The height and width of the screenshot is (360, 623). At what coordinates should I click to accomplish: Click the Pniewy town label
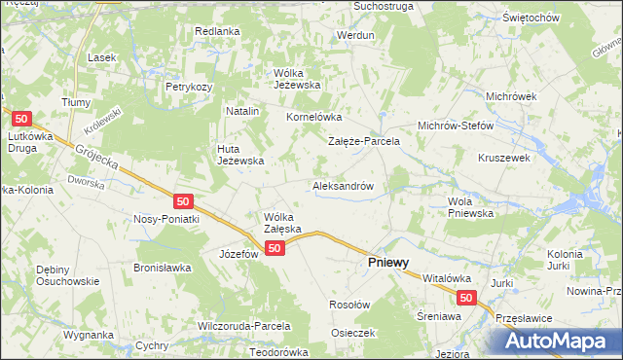coord(386,263)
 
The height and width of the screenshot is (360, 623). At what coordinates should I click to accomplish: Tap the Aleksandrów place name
coord(344,185)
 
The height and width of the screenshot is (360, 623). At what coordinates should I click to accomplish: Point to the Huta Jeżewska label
coord(239,154)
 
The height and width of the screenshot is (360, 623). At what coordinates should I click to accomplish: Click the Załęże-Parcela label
coord(364,141)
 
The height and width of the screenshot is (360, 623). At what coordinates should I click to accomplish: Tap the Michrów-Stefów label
coord(457,126)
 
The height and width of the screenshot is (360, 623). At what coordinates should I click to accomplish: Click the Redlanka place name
coord(217,31)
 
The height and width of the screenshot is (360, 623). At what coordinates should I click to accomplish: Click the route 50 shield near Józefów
coord(275,249)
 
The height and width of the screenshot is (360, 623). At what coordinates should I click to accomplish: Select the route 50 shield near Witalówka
coord(466,299)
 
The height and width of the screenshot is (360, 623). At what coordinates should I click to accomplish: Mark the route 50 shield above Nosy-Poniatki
coord(184,201)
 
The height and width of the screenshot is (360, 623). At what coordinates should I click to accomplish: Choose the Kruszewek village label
coord(502,157)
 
